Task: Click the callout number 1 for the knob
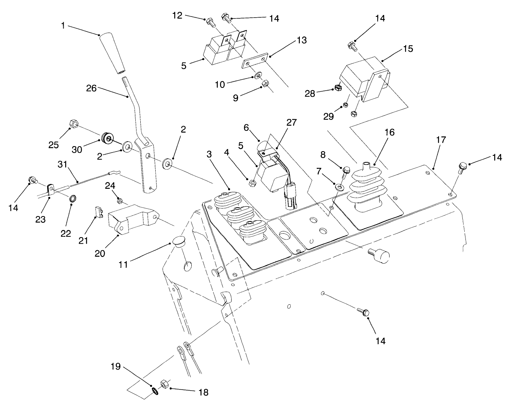(63, 26)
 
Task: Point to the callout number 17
(441, 140)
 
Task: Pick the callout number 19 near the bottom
(117, 367)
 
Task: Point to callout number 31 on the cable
(62, 164)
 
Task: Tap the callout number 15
(408, 49)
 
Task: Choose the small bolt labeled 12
(210, 21)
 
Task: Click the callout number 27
(292, 122)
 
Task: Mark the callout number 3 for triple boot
(209, 154)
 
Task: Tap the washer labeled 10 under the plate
(256, 75)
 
